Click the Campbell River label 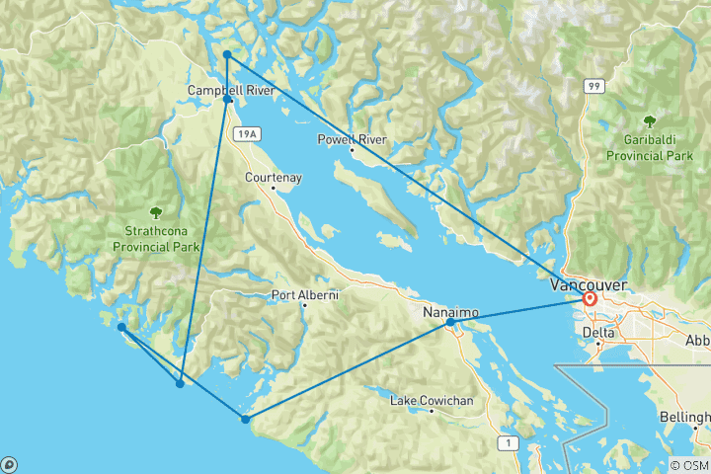232,91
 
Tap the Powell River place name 352,140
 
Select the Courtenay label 274,178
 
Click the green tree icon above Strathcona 155,211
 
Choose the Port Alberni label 305,294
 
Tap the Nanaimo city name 450,312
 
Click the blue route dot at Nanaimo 450,322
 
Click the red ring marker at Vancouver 591,298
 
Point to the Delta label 597,333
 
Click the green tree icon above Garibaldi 650,121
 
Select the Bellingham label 689,419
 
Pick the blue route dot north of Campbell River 227,55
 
